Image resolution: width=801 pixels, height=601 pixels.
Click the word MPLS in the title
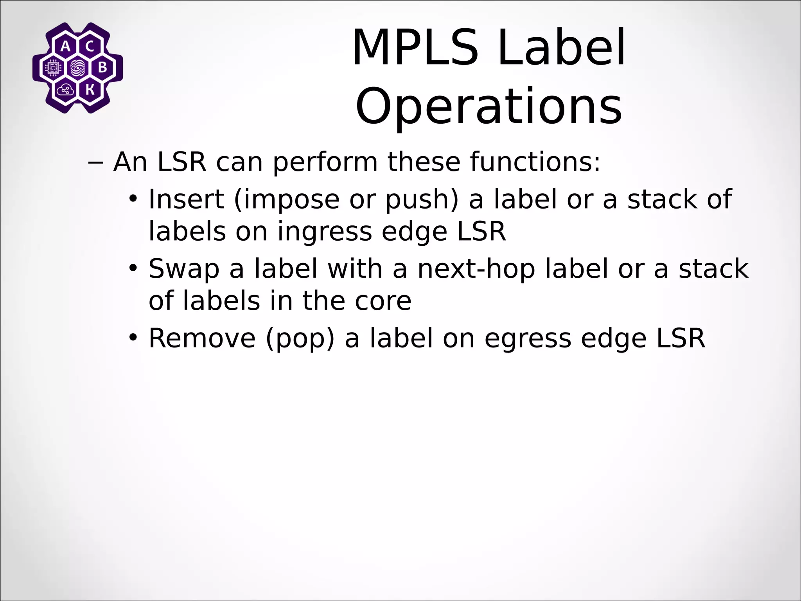pyautogui.click(x=415, y=48)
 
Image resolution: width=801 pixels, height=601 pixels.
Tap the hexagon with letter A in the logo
pyautogui.click(x=66, y=47)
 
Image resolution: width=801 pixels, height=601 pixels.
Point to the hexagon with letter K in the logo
pyautogui.click(x=90, y=90)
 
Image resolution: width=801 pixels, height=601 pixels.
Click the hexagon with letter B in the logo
pyautogui.click(x=102, y=68)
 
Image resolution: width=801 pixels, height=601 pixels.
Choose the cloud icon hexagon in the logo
pyautogui.click(x=65, y=90)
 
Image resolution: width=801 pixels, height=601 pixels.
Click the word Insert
pyautogui.click(x=186, y=199)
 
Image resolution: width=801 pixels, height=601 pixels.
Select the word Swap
pyautogui.click(x=184, y=269)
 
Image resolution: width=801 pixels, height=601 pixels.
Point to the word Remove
pyautogui.click(x=202, y=338)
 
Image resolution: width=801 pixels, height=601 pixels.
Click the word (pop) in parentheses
pyautogui.click(x=300, y=339)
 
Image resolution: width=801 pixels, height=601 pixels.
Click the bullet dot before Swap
pyautogui.click(x=133, y=268)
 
